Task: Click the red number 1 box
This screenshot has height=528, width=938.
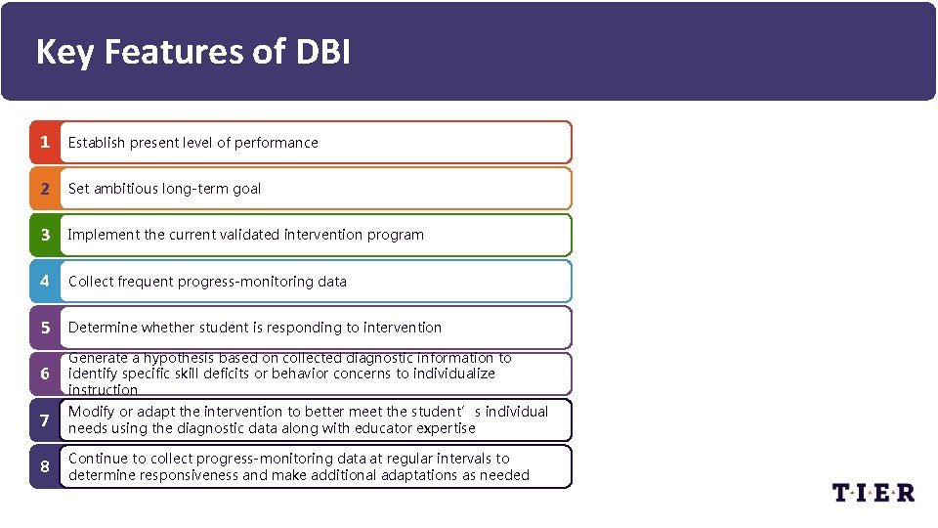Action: (x=44, y=143)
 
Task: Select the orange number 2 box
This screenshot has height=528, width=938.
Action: (x=44, y=189)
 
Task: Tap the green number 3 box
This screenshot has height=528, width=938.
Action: (x=44, y=235)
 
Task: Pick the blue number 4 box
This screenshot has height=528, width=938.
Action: (x=44, y=282)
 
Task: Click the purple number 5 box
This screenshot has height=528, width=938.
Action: (x=44, y=328)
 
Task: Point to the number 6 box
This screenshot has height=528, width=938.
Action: (x=44, y=374)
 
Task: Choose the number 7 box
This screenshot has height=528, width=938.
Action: (x=44, y=420)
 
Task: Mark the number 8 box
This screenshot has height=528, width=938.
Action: (x=44, y=466)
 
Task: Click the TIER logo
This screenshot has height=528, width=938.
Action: (x=874, y=492)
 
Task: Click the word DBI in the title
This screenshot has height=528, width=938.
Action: (x=320, y=52)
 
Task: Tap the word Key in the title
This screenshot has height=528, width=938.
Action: (x=64, y=52)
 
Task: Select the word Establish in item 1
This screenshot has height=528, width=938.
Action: (x=97, y=143)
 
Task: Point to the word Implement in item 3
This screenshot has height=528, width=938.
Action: (x=104, y=235)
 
